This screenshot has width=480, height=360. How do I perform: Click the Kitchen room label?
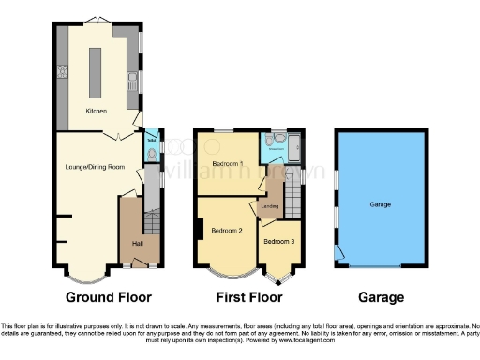[x=97, y=111]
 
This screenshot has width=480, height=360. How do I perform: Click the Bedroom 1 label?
[x=227, y=164]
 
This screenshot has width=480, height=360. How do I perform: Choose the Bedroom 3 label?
[x=277, y=241]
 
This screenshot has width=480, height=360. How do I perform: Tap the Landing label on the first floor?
[x=270, y=206]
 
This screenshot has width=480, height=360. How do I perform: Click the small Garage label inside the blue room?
[x=380, y=204]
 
